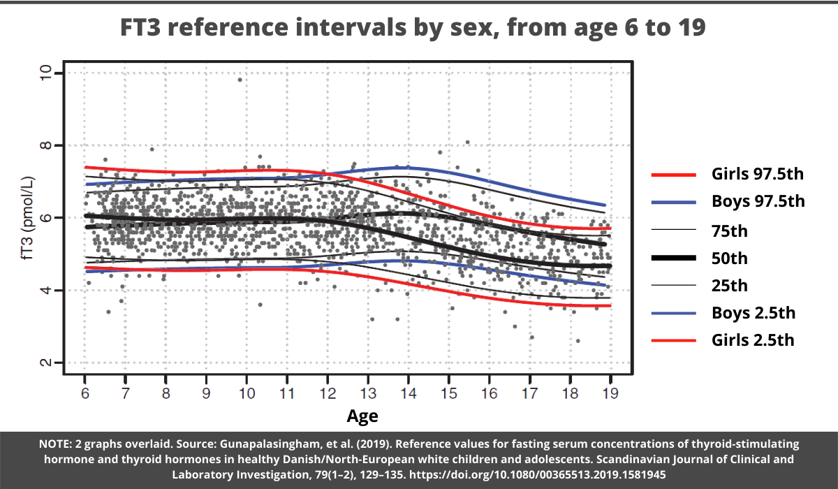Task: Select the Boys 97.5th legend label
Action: (758, 202)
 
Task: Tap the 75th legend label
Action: (730, 230)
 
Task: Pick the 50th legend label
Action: (730, 258)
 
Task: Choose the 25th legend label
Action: (730, 285)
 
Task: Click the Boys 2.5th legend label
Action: (753, 313)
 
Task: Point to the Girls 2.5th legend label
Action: (753, 340)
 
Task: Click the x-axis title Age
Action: (362, 417)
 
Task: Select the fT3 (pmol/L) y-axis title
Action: (27, 218)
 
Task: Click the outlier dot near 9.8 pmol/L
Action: (240, 80)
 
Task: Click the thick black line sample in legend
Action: (673, 258)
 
